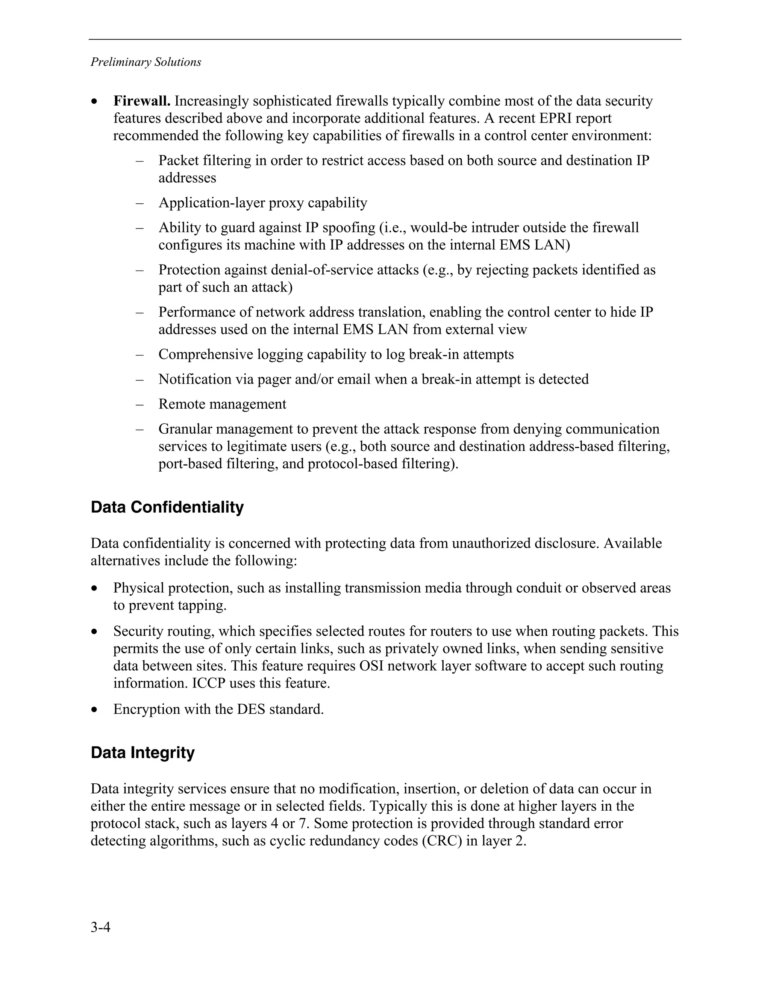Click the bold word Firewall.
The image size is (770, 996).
pos(142,101)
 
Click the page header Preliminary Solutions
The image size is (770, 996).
pos(146,62)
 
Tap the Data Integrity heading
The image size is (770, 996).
pos(142,752)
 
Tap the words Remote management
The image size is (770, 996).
pos(222,404)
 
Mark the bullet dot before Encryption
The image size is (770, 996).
pos(94,710)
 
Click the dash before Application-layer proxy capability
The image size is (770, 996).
pos(139,203)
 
